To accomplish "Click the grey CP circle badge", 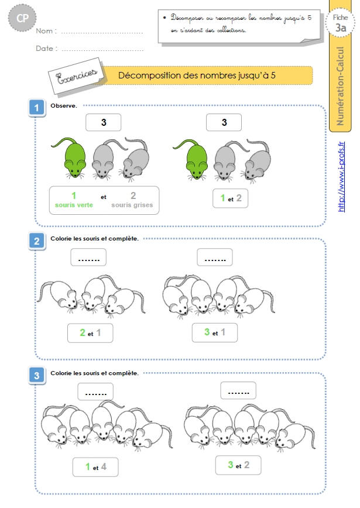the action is click(22, 18).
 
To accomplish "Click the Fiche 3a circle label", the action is click(340, 23).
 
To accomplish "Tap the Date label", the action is click(46, 49).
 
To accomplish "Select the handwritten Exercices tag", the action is click(77, 76).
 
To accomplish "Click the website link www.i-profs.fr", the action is click(341, 177).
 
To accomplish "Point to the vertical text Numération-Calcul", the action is click(340, 86).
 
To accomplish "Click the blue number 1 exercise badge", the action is click(37, 108).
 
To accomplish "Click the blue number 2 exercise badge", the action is click(37, 241).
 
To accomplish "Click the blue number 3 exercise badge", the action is click(37, 376).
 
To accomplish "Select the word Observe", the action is click(63, 105).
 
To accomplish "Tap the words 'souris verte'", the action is click(74, 205).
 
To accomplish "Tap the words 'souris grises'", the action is click(132, 205).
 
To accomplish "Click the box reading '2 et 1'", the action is click(90, 333).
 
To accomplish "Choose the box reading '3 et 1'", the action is click(214, 332).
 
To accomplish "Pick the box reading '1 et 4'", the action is click(95, 467).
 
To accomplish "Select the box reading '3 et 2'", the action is click(238, 465).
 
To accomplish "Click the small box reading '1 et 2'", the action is click(231, 198).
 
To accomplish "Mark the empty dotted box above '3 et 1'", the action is click(215, 258).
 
